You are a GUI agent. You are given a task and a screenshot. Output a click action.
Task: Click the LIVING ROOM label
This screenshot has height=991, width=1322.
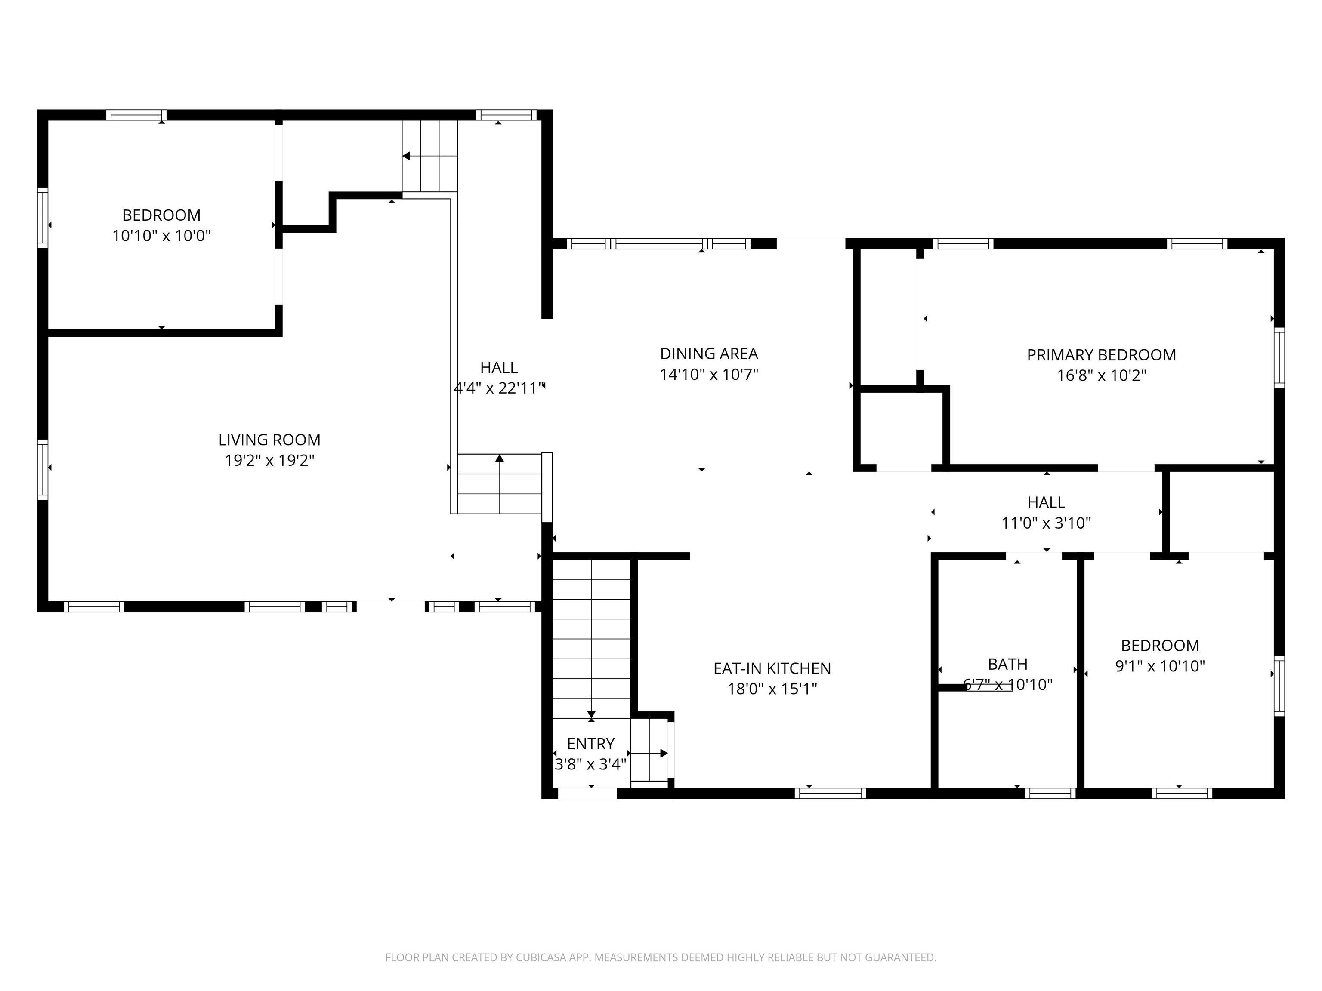[x=269, y=440]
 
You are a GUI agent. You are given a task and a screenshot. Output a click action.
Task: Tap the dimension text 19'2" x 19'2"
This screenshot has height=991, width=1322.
[x=269, y=461]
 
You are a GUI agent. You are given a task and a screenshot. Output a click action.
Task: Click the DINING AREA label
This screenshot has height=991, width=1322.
[x=709, y=354]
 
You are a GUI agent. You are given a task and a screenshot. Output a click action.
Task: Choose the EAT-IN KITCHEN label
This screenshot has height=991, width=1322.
[x=772, y=668]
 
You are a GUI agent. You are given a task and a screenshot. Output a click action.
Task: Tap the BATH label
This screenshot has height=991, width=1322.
[x=1007, y=664]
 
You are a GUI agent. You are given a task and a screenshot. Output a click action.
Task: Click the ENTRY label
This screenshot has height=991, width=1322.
[x=590, y=744]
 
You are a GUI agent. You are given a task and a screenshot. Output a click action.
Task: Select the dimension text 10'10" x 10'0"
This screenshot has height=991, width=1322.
[x=161, y=236]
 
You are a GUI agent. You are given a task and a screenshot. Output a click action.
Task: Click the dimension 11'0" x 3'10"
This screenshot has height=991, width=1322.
[x=1046, y=523]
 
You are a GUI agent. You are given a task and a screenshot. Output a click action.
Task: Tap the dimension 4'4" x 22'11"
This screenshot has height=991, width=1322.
[x=498, y=388]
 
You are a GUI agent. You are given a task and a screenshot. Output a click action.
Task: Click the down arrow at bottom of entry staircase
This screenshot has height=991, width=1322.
[x=591, y=714]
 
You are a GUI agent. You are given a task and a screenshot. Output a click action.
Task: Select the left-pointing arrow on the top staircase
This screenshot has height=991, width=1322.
[x=406, y=157]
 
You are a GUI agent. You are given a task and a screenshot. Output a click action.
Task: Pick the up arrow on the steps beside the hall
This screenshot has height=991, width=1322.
[x=500, y=458]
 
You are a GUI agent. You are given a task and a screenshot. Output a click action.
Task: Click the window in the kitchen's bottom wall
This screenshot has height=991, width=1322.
[x=830, y=793]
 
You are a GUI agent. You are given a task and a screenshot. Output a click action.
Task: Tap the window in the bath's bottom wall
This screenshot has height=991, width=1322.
[x=1050, y=793]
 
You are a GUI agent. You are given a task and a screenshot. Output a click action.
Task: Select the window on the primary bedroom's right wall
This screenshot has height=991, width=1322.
[x=1279, y=357]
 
